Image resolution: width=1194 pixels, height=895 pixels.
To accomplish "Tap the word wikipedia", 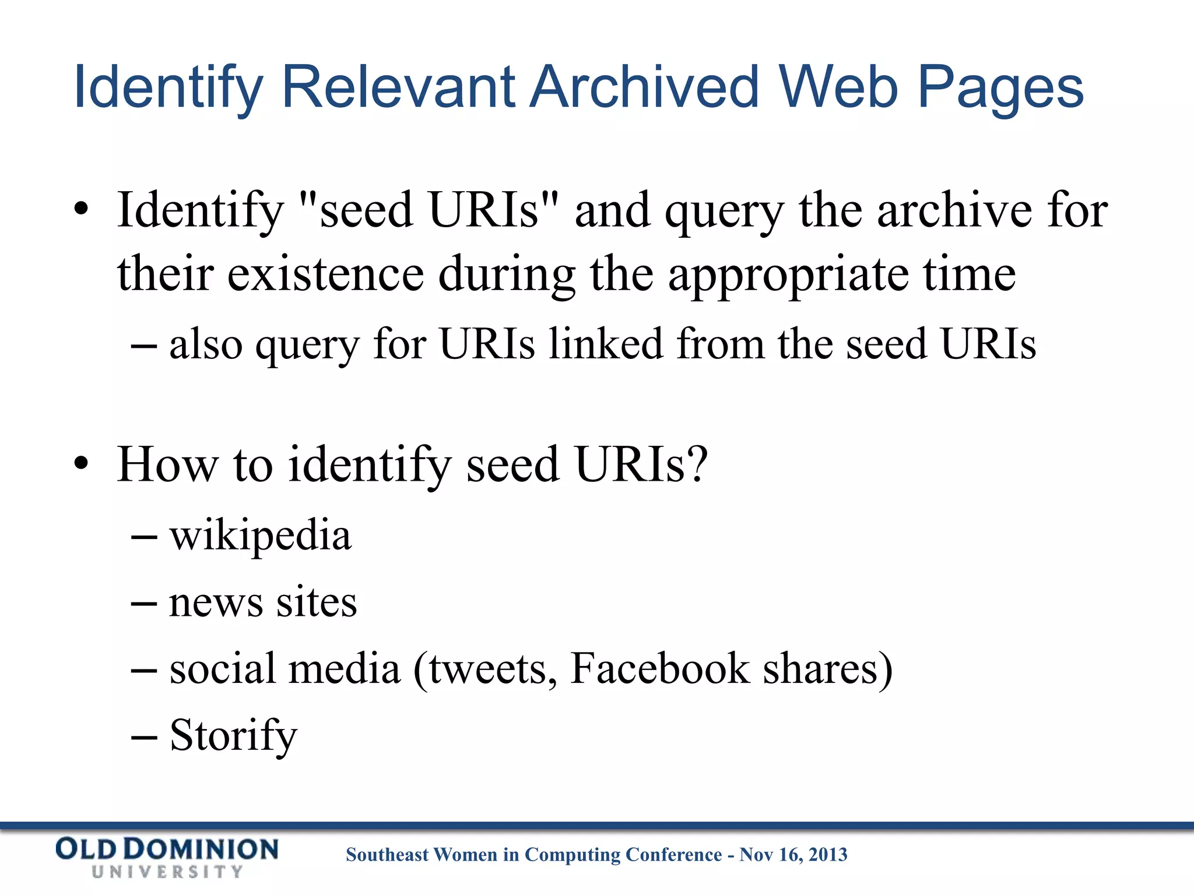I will [x=261, y=536].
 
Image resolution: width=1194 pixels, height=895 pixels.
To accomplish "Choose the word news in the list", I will [x=216, y=603].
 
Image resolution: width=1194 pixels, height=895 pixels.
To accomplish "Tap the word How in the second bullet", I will [x=168, y=464].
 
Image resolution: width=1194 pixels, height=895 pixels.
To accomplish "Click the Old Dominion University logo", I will [x=167, y=857].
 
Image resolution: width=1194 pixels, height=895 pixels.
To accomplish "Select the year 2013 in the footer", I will [x=828, y=855].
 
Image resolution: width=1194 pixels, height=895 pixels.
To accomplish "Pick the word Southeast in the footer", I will [x=388, y=855].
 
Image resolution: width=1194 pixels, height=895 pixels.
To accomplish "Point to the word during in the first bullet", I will [x=507, y=275].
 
